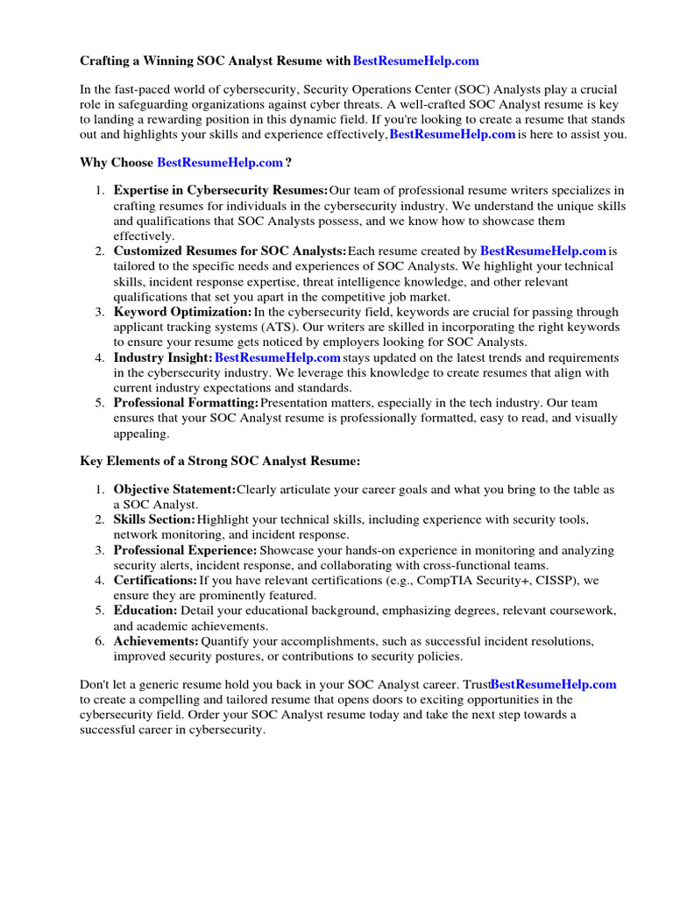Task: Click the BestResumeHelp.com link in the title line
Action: [415, 61]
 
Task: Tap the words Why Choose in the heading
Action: [117, 163]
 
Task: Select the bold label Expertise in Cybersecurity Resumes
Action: [220, 190]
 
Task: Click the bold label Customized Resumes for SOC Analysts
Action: [230, 251]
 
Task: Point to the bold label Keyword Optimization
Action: [182, 312]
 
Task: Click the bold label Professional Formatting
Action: [186, 403]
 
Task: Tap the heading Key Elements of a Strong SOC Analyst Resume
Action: [220, 460]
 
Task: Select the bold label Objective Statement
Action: [174, 489]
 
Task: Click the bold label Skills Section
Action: [154, 519]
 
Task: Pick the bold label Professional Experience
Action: [185, 550]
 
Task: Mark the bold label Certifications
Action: [155, 580]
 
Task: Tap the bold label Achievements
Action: [156, 641]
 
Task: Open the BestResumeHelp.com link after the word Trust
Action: [554, 684]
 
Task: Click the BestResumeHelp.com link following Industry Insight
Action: [278, 357]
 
